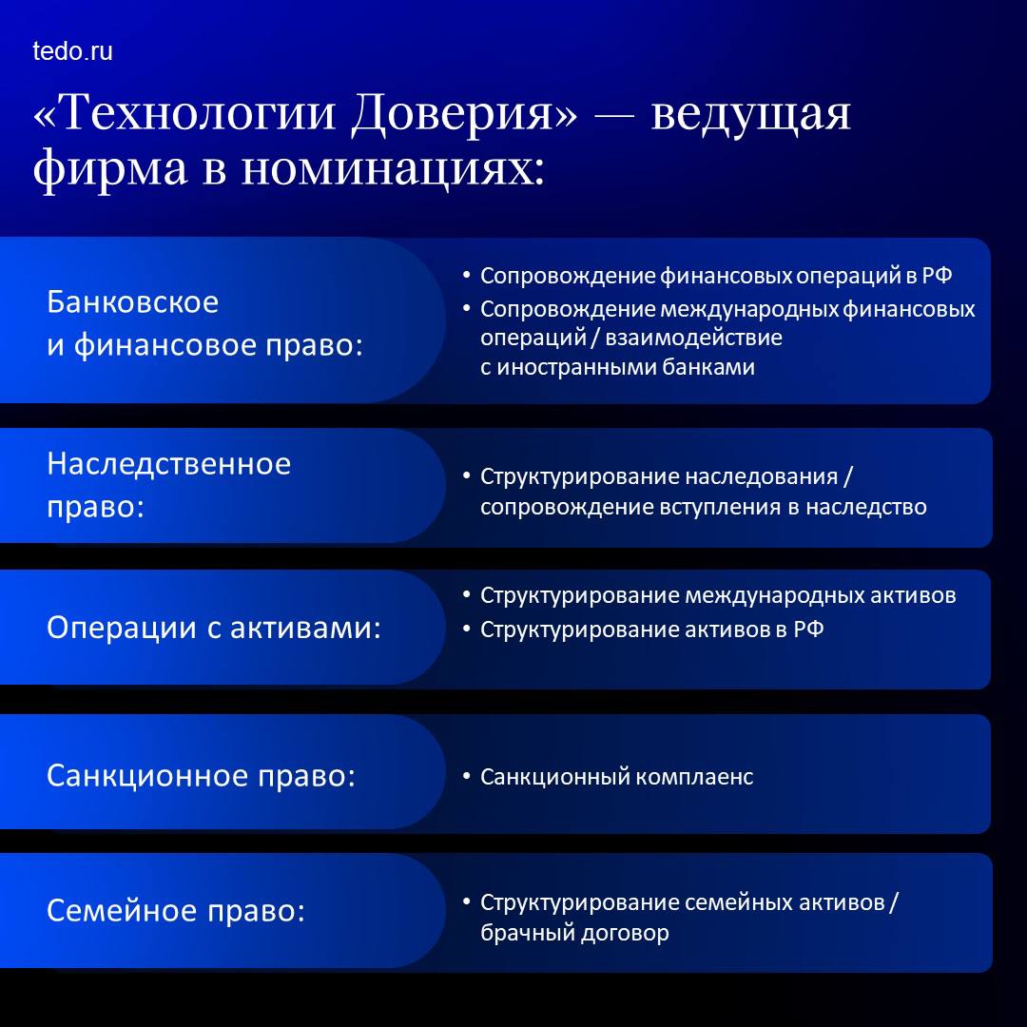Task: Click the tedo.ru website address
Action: coord(72,51)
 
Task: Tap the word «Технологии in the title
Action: coord(186,112)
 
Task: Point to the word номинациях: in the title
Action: coord(393,169)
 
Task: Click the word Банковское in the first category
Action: coord(133,302)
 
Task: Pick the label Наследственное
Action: coord(169,464)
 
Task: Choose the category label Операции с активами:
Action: coord(214,628)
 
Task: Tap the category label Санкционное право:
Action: coord(201,776)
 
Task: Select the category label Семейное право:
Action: coord(176,910)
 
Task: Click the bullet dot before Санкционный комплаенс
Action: coord(466,776)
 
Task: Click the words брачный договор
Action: coord(574,932)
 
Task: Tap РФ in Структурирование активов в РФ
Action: coord(808,629)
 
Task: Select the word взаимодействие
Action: coord(693,338)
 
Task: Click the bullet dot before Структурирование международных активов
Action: coord(466,594)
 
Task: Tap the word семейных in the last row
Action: coord(730,902)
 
